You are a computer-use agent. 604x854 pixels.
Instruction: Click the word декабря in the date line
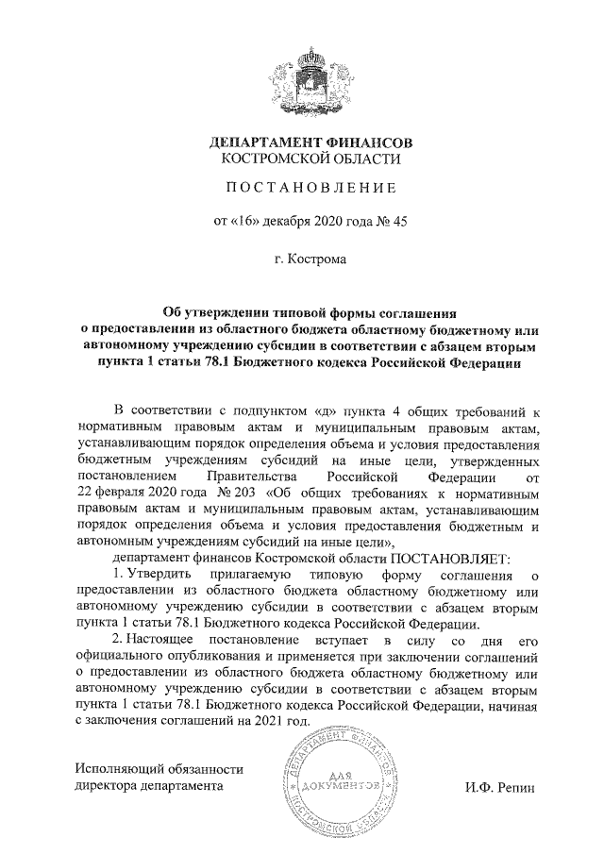293,223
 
